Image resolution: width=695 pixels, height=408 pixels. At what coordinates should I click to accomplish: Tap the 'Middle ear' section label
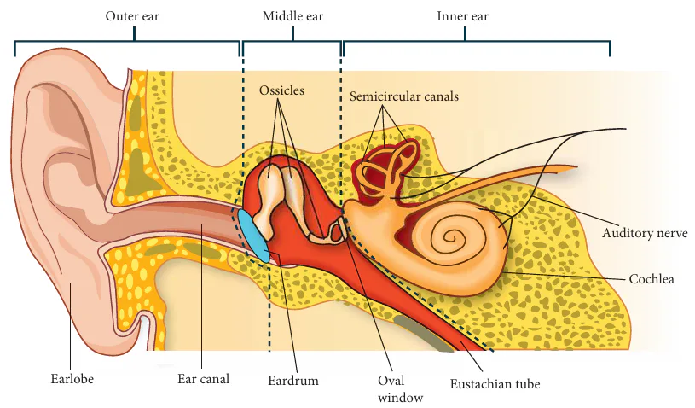[x=292, y=16]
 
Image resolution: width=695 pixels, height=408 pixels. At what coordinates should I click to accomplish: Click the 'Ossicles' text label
[x=281, y=90]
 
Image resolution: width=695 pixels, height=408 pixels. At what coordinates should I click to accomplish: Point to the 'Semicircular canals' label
[x=404, y=96]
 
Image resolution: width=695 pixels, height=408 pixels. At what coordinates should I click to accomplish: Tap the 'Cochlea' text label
[x=652, y=278]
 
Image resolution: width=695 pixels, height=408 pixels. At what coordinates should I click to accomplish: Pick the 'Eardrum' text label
[x=292, y=380]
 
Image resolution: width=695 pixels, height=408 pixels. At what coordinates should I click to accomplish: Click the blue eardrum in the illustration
[x=253, y=234]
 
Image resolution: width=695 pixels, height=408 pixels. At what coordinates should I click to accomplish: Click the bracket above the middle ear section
[x=292, y=40]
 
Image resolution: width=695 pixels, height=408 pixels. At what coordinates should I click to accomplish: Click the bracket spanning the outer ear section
[x=127, y=40]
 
